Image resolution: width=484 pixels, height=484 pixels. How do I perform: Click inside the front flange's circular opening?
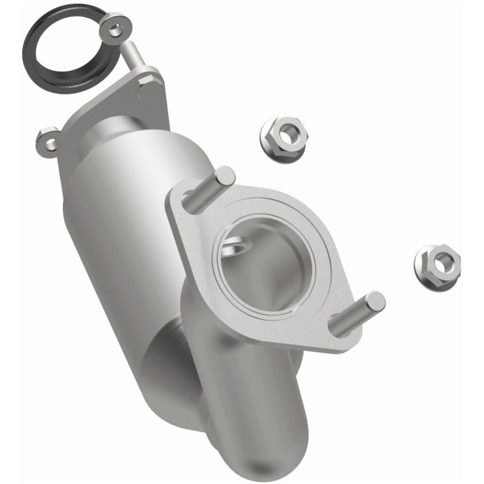pos(266,266)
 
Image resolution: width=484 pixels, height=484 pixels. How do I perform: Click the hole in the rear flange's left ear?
pos(47,143)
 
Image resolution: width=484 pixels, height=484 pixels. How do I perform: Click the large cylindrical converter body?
pos(121,242)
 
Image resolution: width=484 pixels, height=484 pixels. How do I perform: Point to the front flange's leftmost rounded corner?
pos(175,200)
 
